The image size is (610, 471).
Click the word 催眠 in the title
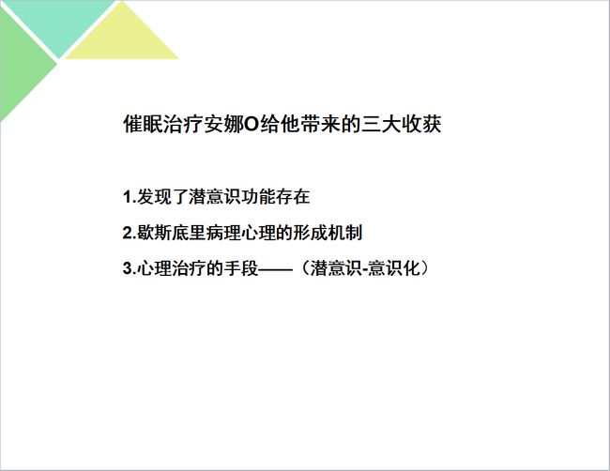[143, 124]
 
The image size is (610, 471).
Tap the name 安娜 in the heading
[223, 124]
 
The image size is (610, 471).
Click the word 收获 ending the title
[421, 124]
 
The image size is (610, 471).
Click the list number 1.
[129, 197]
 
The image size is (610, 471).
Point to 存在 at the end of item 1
[293, 196]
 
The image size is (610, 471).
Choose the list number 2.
[129, 233]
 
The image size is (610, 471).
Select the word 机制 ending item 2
[345, 233]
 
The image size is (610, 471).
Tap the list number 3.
[129, 268]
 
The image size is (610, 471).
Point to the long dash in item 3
[275, 268]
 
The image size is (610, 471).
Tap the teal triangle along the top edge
[58, 23]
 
